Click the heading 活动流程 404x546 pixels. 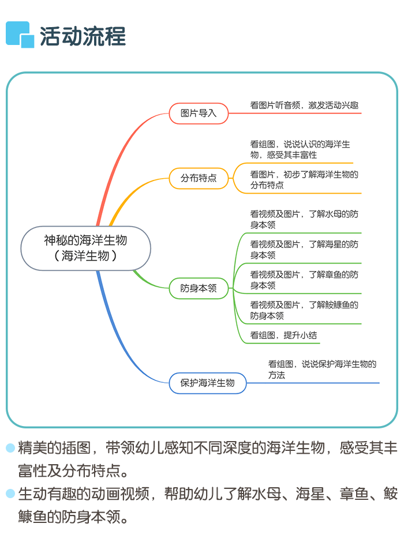coord(83,36)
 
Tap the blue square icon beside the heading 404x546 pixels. coord(20,35)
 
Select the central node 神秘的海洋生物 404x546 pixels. coord(86,248)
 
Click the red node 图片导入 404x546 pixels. coord(199,113)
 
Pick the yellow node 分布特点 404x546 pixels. coord(199,178)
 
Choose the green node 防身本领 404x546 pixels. coord(199,288)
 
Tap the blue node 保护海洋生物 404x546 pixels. coord(208,383)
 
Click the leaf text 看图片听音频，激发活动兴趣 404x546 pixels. coord(304,105)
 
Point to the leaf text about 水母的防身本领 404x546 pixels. coord(304,219)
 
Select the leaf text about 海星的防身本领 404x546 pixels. coord(304,249)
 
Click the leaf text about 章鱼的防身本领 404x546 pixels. coord(304,280)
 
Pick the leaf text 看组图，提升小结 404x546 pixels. coord(283,335)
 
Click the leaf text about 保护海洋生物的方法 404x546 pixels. coord(322,369)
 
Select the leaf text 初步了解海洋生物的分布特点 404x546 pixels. coord(304,179)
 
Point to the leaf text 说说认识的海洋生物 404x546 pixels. coord(300,149)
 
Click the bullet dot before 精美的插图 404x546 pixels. coord(10,448)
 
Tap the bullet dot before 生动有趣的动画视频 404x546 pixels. coord(10,494)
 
